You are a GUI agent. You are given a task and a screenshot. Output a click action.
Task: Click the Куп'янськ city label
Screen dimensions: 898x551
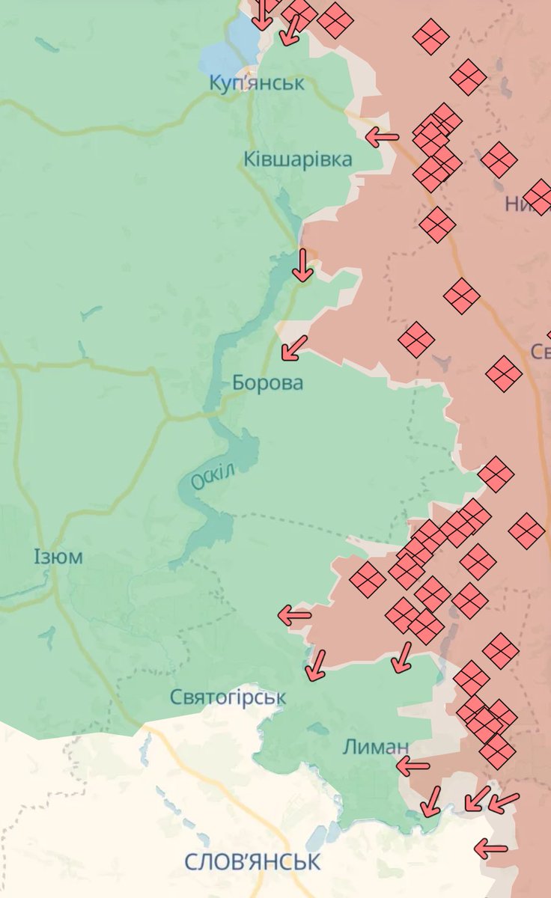click(x=257, y=82)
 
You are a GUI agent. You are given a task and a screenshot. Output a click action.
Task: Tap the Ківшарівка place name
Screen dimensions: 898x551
click(x=297, y=159)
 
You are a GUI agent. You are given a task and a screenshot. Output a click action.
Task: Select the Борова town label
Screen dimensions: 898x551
click(x=267, y=383)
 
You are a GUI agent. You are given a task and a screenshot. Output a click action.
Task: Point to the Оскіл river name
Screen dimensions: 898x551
click(x=213, y=477)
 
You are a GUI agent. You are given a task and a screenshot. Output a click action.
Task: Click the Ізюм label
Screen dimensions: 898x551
click(x=58, y=557)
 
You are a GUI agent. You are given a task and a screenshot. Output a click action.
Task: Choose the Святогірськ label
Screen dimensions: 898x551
click(x=228, y=697)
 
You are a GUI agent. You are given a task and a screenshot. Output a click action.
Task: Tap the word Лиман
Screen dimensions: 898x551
click(x=376, y=746)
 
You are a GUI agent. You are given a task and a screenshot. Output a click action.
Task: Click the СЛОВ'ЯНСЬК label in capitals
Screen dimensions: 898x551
click(x=253, y=861)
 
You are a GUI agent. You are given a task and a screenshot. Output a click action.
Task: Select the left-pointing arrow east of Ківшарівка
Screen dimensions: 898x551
click(x=382, y=137)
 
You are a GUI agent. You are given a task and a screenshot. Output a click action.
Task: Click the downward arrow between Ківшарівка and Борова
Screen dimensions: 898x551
click(x=302, y=265)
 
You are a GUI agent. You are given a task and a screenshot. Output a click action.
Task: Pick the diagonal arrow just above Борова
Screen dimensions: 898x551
click(x=294, y=348)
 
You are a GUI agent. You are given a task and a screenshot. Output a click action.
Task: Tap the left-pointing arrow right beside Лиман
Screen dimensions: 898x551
click(x=413, y=766)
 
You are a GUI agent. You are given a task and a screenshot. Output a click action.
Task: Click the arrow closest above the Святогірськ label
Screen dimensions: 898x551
click(x=316, y=665)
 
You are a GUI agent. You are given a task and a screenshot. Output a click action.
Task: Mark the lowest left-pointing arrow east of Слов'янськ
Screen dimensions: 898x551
click(x=490, y=849)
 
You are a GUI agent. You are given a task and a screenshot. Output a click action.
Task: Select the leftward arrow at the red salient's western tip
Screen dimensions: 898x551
click(x=294, y=616)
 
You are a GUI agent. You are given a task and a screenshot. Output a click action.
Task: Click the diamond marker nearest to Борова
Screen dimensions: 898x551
click(x=416, y=340)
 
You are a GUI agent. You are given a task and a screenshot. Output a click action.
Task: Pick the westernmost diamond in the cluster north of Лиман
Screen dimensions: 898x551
click(x=367, y=580)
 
